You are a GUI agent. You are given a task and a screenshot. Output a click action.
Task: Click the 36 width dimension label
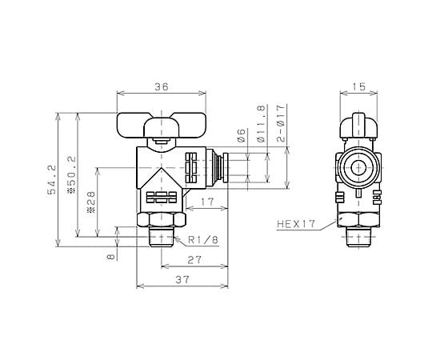click(161, 86)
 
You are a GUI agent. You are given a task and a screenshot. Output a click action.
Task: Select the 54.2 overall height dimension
click(51, 179)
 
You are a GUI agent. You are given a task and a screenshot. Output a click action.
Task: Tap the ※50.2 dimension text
click(71, 174)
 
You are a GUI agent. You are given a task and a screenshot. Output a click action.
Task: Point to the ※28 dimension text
click(91, 202)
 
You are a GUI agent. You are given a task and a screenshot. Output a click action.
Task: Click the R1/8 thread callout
click(203, 240)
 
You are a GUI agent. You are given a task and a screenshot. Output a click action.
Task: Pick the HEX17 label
click(296, 224)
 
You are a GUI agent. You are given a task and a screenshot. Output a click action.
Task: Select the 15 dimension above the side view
click(358, 86)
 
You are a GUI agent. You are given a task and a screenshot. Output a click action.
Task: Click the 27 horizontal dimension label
click(194, 260)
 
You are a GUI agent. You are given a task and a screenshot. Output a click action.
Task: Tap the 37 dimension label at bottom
click(182, 280)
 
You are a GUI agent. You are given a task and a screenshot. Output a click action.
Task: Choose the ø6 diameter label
click(241, 135)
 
